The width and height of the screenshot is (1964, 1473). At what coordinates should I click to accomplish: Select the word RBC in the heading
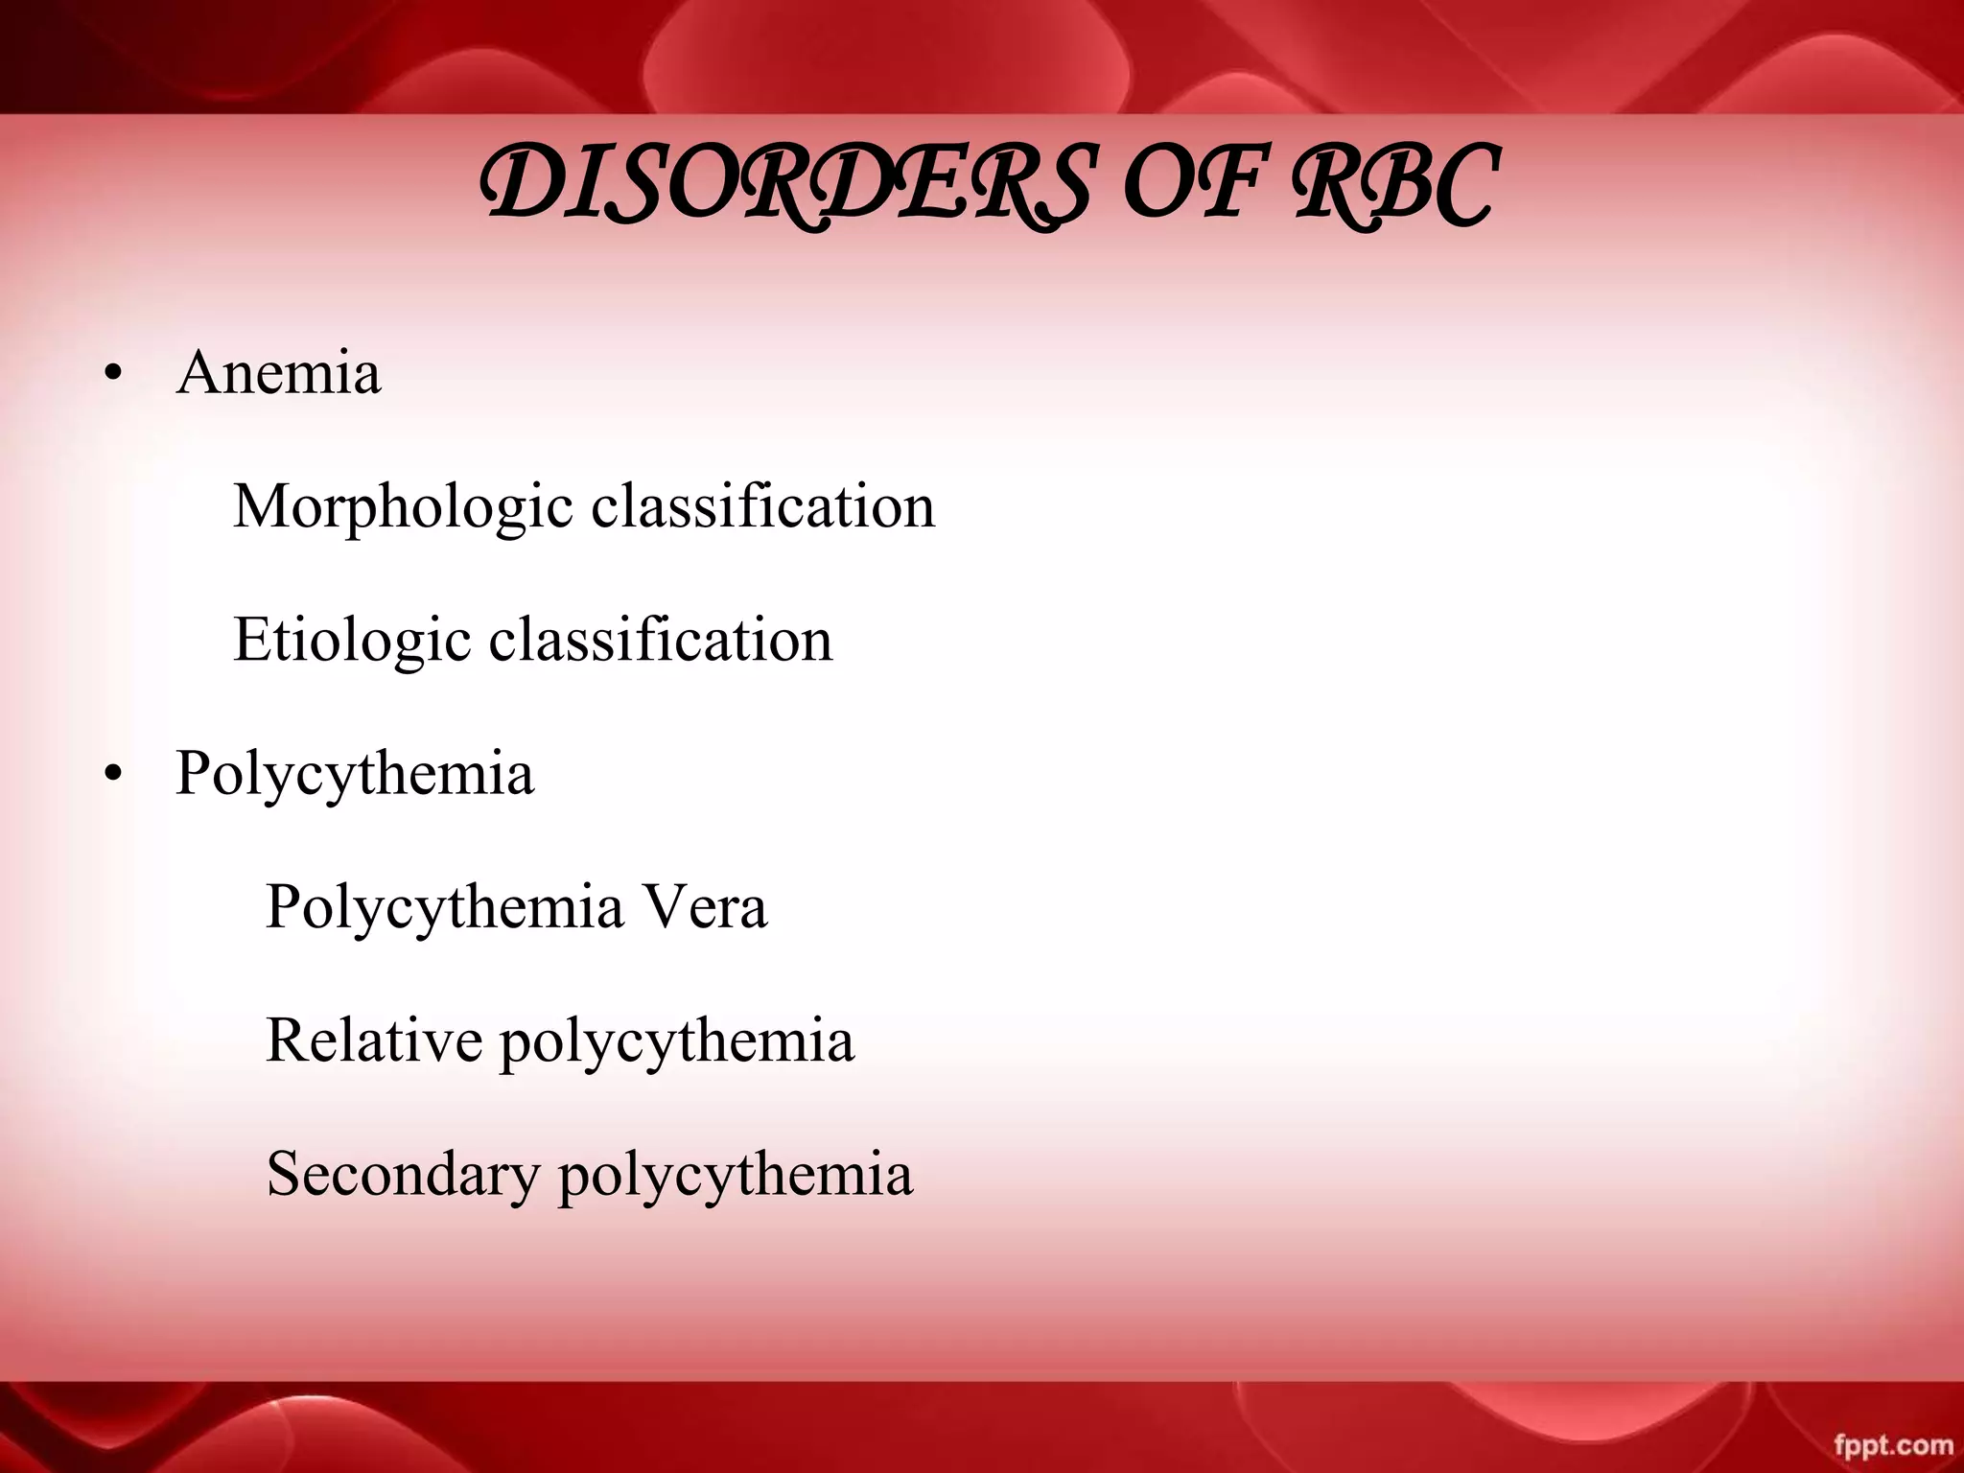click(1393, 184)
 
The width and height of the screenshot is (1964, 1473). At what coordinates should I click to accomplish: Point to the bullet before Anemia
click(114, 375)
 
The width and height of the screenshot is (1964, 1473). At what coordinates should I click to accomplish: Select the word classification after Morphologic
click(762, 505)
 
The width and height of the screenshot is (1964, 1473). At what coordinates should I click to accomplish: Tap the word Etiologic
click(352, 641)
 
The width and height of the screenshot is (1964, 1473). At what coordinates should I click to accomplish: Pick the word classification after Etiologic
click(661, 640)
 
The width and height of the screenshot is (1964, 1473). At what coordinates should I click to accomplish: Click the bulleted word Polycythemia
click(355, 774)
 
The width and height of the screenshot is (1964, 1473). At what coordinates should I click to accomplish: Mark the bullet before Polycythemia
click(114, 775)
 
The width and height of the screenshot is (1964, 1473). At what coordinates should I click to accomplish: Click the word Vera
click(705, 906)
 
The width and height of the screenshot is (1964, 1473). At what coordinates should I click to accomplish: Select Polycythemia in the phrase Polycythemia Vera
click(445, 908)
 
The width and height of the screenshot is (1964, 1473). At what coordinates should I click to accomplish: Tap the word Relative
click(373, 1040)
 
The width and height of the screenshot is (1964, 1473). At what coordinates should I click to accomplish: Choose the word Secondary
click(403, 1174)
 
